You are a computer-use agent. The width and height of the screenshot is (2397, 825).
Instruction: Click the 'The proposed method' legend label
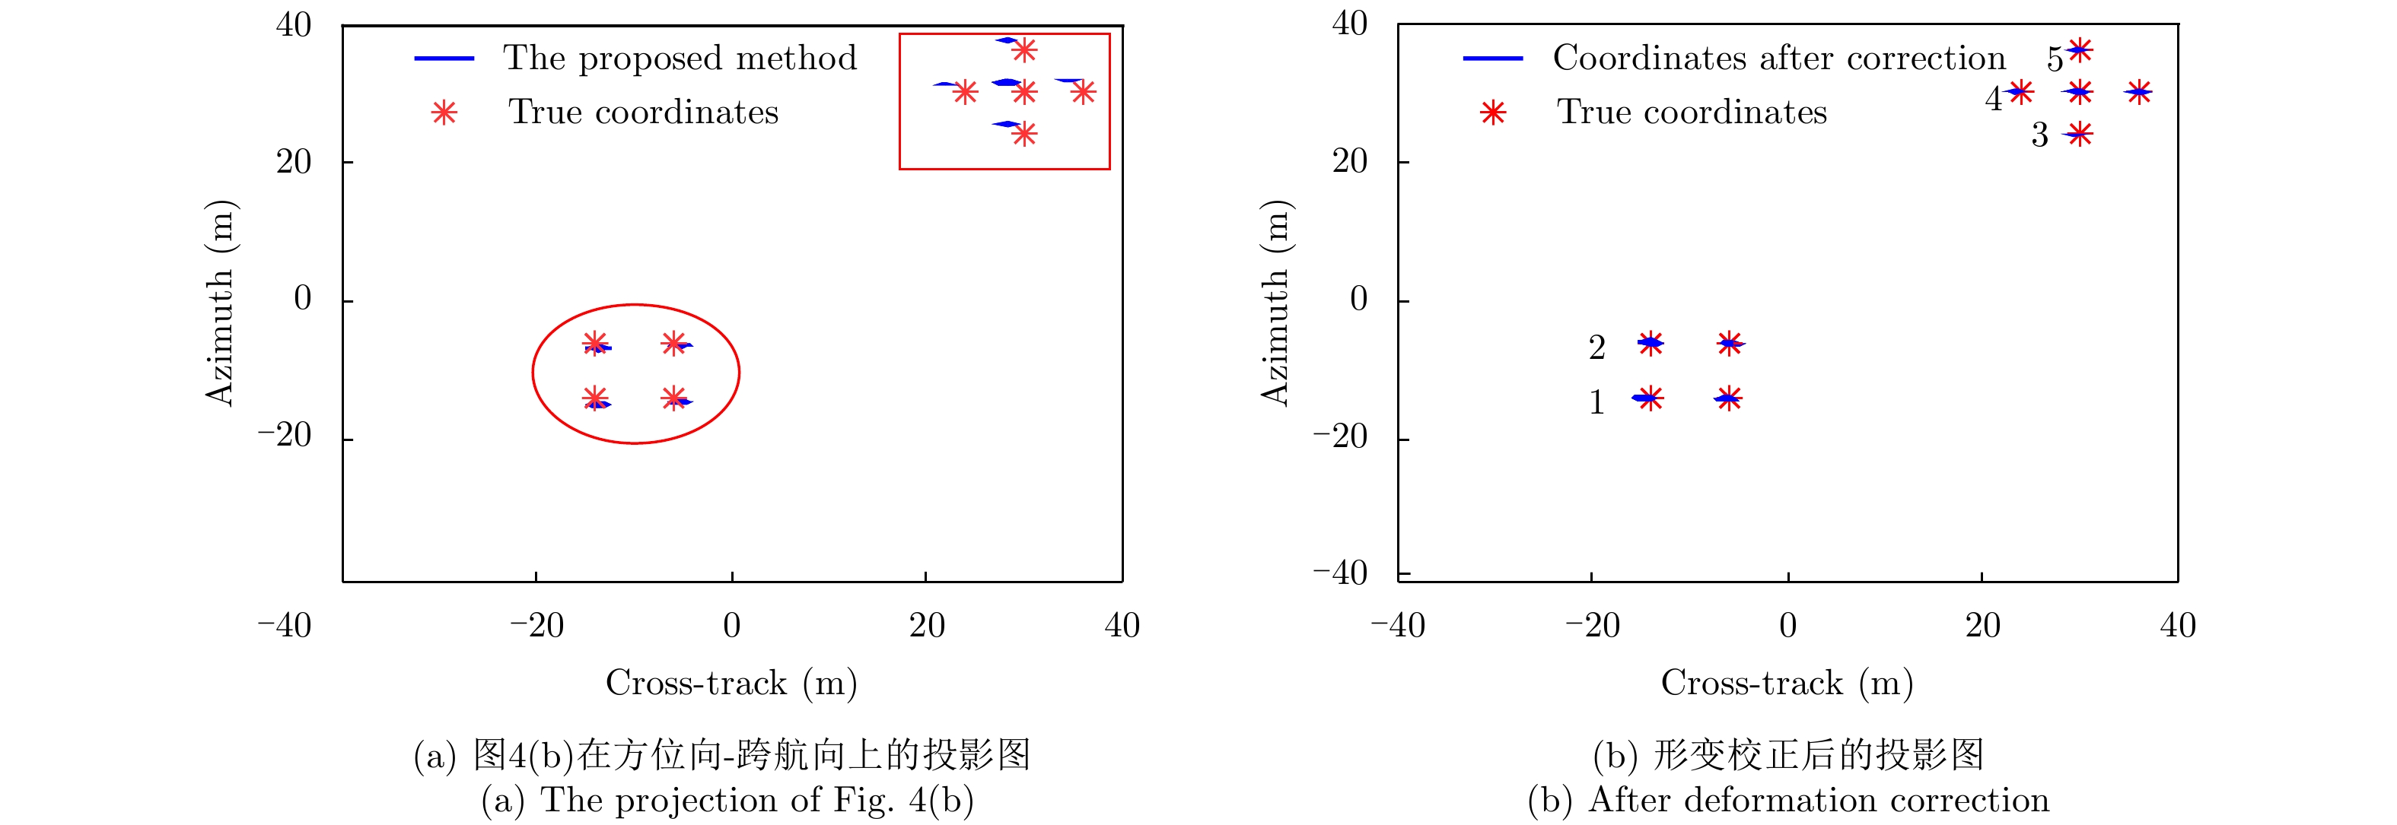pos(680,59)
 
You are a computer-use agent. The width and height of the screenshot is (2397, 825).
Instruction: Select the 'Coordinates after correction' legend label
pos(1778,59)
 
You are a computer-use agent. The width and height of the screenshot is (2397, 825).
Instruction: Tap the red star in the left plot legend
pos(445,113)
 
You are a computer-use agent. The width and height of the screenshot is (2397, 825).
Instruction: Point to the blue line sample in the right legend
pos(1492,59)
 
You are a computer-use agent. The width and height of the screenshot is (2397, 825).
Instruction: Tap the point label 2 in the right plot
pos(1596,347)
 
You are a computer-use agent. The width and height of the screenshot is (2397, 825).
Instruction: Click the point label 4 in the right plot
pos(1993,100)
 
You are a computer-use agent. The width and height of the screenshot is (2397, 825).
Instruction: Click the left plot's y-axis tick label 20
pos(293,162)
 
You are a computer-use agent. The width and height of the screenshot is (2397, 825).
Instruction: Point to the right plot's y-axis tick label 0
pos(1358,299)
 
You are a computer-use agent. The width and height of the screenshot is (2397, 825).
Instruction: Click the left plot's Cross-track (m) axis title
pos(731,683)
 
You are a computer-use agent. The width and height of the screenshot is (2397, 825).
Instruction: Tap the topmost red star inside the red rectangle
pos(1024,50)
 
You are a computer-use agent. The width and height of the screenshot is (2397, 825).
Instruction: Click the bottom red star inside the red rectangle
pos(1024,135)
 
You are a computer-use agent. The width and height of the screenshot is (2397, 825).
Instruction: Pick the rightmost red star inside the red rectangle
pos(1082,92)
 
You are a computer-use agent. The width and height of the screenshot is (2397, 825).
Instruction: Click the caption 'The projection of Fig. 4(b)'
pos(727,800)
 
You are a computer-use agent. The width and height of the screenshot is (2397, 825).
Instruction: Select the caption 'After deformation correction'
pos(1787,800)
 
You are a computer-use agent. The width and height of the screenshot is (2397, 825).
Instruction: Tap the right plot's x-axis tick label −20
pos(1592,626)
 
